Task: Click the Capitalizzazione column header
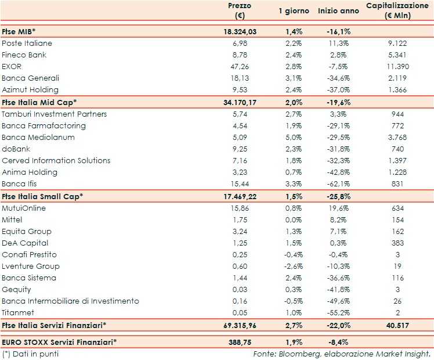click(x=397, y=10)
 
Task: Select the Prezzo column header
click(x=239, y=10)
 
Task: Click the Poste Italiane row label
click(x=27, y=44)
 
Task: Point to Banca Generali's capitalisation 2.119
click(x=397, y=78)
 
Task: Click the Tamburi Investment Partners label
click(x=55, y=114)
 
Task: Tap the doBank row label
click(x=15, y=149)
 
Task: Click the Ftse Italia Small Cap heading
click(x=42, y=196)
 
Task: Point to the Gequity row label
click(x=16, y=289)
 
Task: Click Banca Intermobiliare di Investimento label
click(x=70, y=301)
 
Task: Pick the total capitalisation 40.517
click(x=397, y=325)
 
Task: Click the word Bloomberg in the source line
click(x=296, y=354)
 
